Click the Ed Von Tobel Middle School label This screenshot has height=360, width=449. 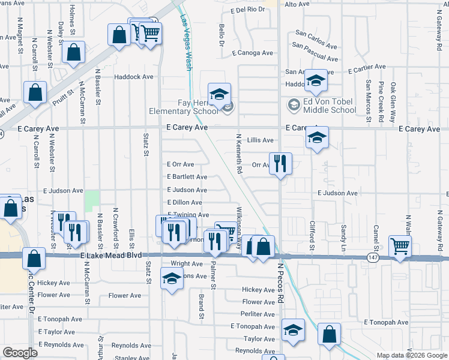pyautogui.click(x=329, y=106)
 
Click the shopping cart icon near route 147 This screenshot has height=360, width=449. pyautogui.click(x=400, y=245)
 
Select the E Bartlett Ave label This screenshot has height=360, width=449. pyautogui.click(x=187, y=177)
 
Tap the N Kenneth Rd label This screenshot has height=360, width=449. pyautogui.click(x=238, y=155)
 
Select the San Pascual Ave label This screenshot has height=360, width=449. pyautogui.click(x=315, y=52)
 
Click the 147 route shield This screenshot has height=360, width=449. pyautogui.click(x=372, y=257)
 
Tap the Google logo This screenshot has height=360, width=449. pyautogui.click(x=20, y=352)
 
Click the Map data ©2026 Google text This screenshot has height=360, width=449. pyautogui.click(x=411, y=355)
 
